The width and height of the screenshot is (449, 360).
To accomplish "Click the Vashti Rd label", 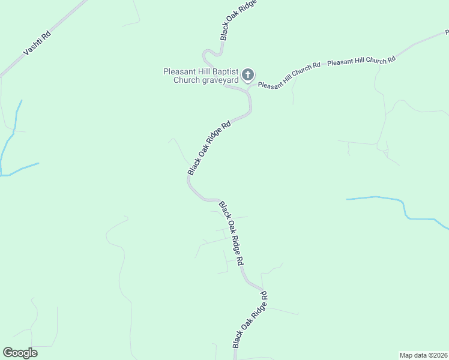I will (x=37, y=43).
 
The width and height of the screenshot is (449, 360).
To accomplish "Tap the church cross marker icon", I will (x=248, y=75).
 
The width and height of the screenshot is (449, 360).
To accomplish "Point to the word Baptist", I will (x=222, y=71).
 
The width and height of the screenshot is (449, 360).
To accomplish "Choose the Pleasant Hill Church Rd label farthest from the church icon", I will (x=361, y=61).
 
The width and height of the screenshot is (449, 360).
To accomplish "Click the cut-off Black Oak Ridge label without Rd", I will (x=238, y=20).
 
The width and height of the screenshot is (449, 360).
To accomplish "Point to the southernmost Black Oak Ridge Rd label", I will (x=249, y=320).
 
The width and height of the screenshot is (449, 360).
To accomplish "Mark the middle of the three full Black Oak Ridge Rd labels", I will (x=231, y=233).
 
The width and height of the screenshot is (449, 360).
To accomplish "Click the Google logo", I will (x=20, y=353).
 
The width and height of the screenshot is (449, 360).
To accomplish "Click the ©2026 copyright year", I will (x=438, y=355).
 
